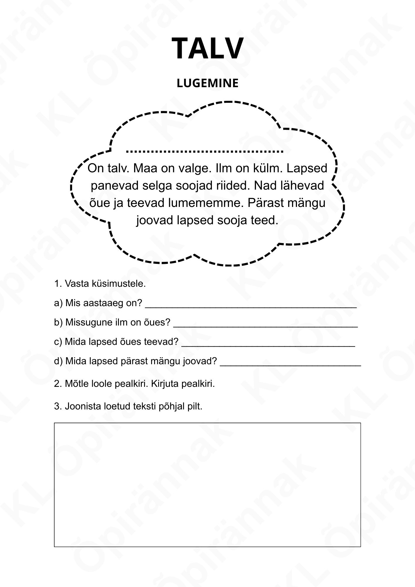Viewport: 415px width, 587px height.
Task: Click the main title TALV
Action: [207, 48]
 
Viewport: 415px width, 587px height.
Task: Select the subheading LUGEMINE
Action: [207, 83]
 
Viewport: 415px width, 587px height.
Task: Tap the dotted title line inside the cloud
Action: [205, 151]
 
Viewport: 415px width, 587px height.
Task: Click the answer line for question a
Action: [251, 306]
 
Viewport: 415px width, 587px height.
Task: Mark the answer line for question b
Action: [265, 325]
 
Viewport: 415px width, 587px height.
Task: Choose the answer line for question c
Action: [268, 345]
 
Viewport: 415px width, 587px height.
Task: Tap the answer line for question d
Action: [290, 364]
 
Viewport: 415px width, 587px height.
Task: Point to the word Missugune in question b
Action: [87, 322]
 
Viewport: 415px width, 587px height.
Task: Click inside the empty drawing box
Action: [207, 485]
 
